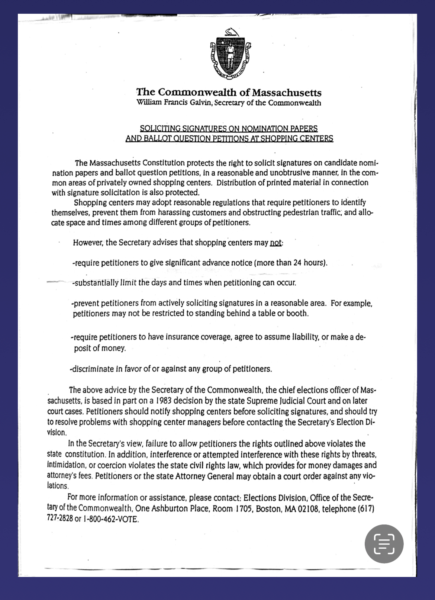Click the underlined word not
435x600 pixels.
(x=275, y=243)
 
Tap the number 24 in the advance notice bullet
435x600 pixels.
(x=297, y=263)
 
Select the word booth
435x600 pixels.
(x=297, y=313)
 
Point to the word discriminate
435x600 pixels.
(x=93, y=369)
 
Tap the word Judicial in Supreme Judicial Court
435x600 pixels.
(x=292, y=401)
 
